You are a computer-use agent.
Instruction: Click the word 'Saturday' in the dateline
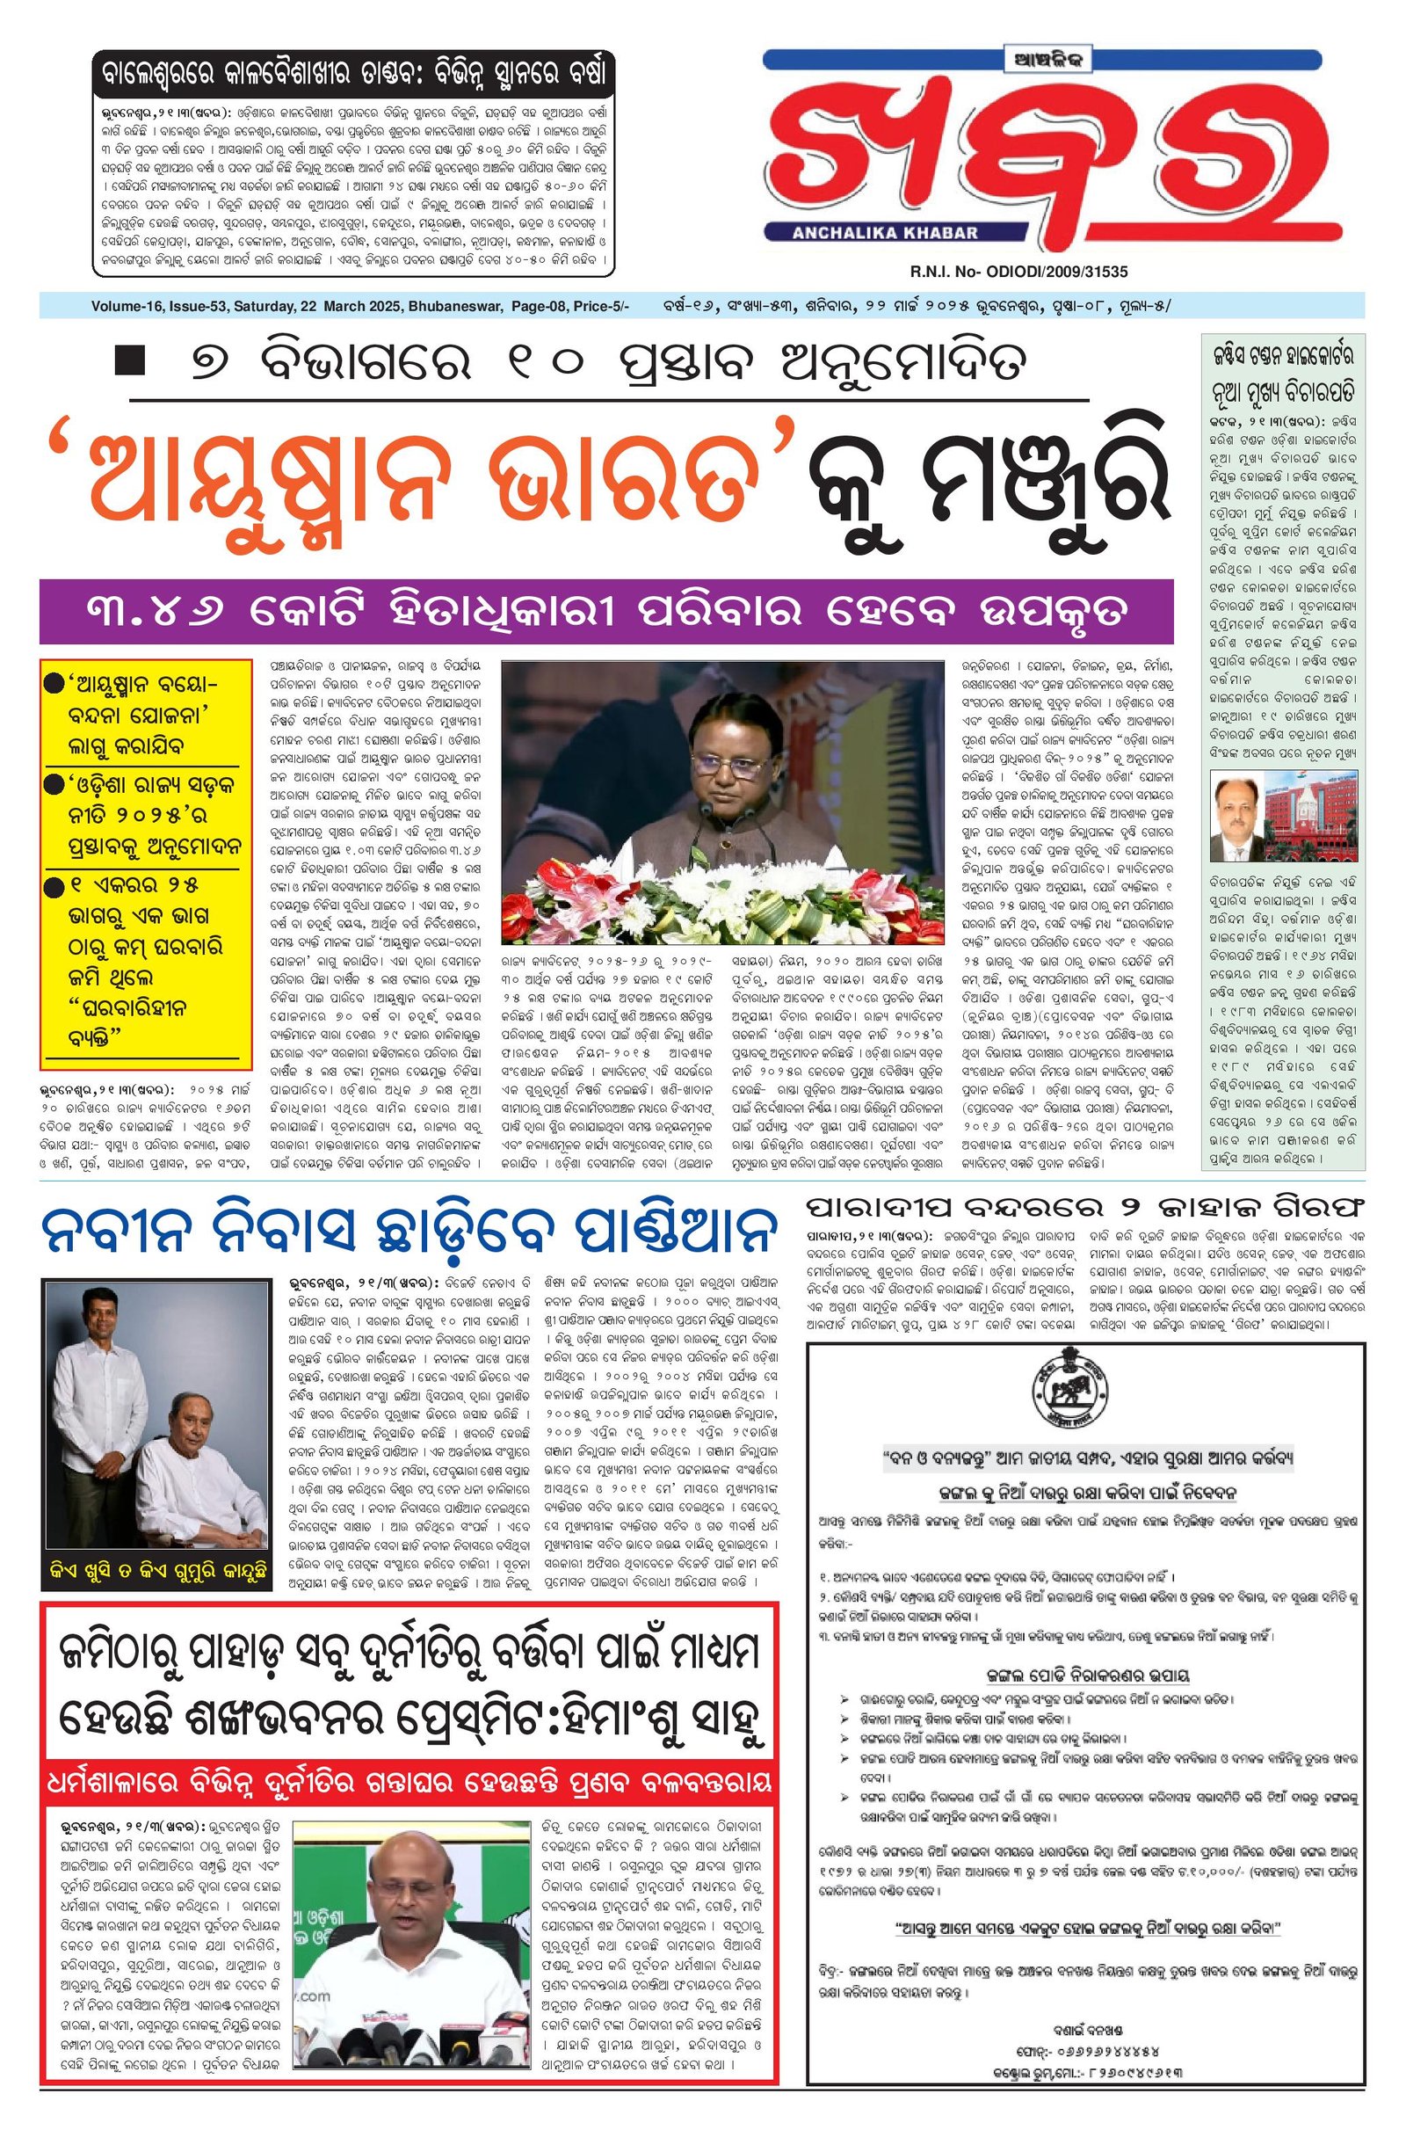(265, 307)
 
